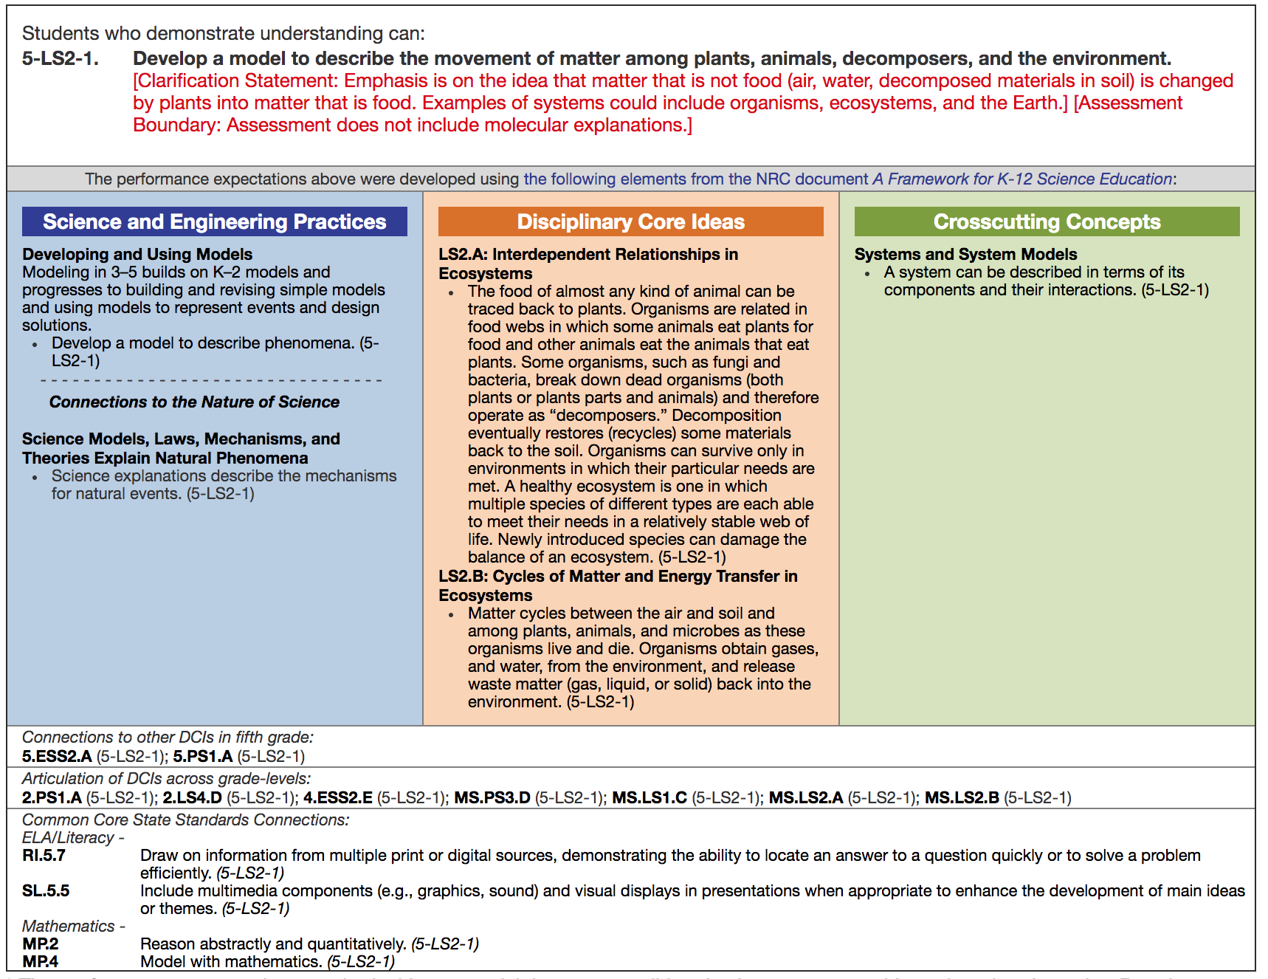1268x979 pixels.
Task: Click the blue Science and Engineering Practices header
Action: tap(214, 221)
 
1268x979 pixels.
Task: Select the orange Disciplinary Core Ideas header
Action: tap(630, 221)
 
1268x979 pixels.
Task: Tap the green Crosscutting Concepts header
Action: tap(1047, 221)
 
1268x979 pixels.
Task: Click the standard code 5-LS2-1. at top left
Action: tap(60, 58)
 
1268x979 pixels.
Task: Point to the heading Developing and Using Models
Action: tap(137, 254)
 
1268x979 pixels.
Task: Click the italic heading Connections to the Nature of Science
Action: tap(194, 402)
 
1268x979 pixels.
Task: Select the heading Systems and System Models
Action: tap(965, 254)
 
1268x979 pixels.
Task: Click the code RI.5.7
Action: tap(44, 855)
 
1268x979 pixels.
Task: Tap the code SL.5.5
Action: tap(46, 890)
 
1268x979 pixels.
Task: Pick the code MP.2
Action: tap(41, 944)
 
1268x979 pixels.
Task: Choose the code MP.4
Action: tap(41, 961)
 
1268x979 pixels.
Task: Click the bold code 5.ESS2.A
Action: tap(57, 756)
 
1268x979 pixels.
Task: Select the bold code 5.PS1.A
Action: tap(203, 756)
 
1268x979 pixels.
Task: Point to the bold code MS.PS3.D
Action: tap(492, 797)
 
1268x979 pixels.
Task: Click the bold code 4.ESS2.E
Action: tap(338, 797)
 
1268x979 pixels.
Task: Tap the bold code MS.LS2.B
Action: tap(962, 797)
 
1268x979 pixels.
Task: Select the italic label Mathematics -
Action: tap(73, 926)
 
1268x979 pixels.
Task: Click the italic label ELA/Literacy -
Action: tap(73, 837)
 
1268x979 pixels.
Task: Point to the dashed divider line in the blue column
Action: tap(212, 380)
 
